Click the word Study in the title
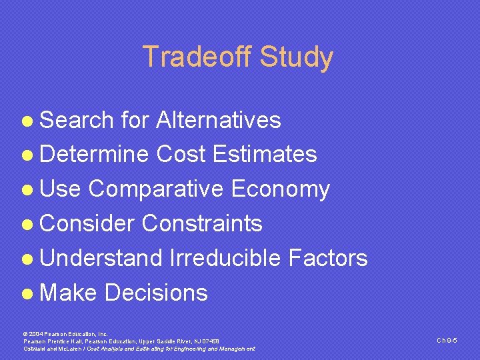point(296,57)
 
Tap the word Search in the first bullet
point(77,120)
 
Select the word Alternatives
point(218,120)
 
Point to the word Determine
point(94,155)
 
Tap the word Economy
point(280,189)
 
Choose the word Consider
point(87,223)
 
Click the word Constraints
point(202,223)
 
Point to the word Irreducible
point(226,258)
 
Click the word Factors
point(328,258)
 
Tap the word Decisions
point(156,293)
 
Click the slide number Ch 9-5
point(446,341)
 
